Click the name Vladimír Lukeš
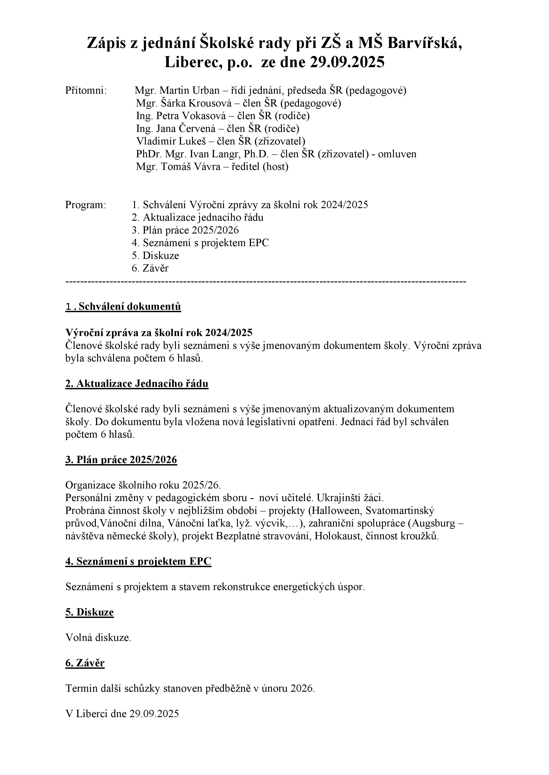tap(171, 141)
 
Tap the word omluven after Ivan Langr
tap(397, 154)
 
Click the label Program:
tap(86, 205)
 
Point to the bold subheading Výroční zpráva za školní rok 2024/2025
tap(159, 333)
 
